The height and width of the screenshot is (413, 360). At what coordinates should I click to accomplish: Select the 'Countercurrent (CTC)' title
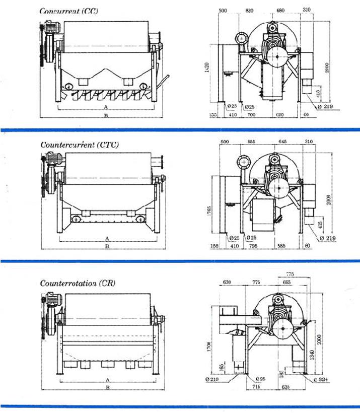tap(80, 145)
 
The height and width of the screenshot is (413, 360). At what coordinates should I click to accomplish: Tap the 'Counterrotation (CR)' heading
tap(78, 283)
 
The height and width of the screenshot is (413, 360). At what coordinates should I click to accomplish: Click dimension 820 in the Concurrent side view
tap(249, 10)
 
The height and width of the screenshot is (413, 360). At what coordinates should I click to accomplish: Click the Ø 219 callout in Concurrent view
tap(326, 107)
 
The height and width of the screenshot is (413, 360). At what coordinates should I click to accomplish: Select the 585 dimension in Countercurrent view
tap(280, 246)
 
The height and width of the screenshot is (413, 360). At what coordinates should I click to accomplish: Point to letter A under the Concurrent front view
tap(106, 108)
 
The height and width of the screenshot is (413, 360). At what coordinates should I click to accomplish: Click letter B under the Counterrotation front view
tap(106, 388)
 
